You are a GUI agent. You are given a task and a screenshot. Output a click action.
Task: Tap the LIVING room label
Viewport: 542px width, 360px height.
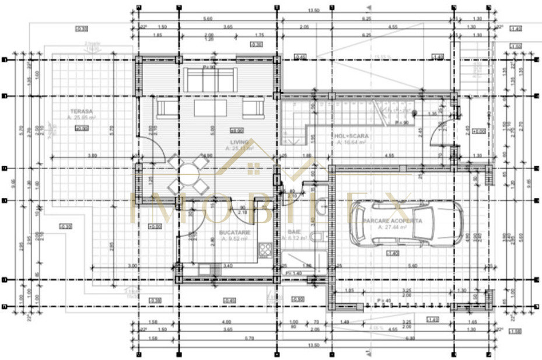coord(239,142)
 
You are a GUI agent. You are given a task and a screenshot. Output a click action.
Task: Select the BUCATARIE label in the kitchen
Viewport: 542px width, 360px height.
coord(235,232)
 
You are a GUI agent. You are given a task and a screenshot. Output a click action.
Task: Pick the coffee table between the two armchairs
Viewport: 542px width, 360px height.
coord(211,109)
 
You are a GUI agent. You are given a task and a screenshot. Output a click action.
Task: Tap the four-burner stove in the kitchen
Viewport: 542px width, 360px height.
coord(265,250)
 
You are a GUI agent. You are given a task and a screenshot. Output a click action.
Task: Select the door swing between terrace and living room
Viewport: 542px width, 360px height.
coord(148,146)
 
